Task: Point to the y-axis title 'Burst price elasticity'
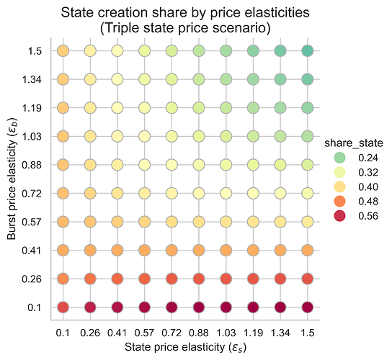pos(12,180)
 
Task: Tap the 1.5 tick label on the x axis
pos(308,333)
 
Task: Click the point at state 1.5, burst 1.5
pos(308,51)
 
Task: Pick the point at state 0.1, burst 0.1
pos(63,307)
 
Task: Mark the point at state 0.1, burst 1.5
pos(63,51)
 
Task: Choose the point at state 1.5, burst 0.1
pos(308,307)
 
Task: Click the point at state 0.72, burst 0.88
pos(172,165)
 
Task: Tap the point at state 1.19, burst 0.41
pos(254,250)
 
